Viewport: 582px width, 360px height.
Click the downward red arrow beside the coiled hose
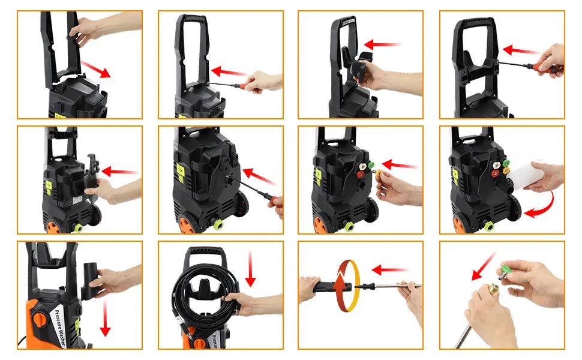click(x=250, y=268)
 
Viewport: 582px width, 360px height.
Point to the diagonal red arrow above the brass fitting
click(x=484, y=266)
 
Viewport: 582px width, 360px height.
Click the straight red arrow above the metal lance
click(x=390, y=270)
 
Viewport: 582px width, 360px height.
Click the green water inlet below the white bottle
click(x=488, y=226)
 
